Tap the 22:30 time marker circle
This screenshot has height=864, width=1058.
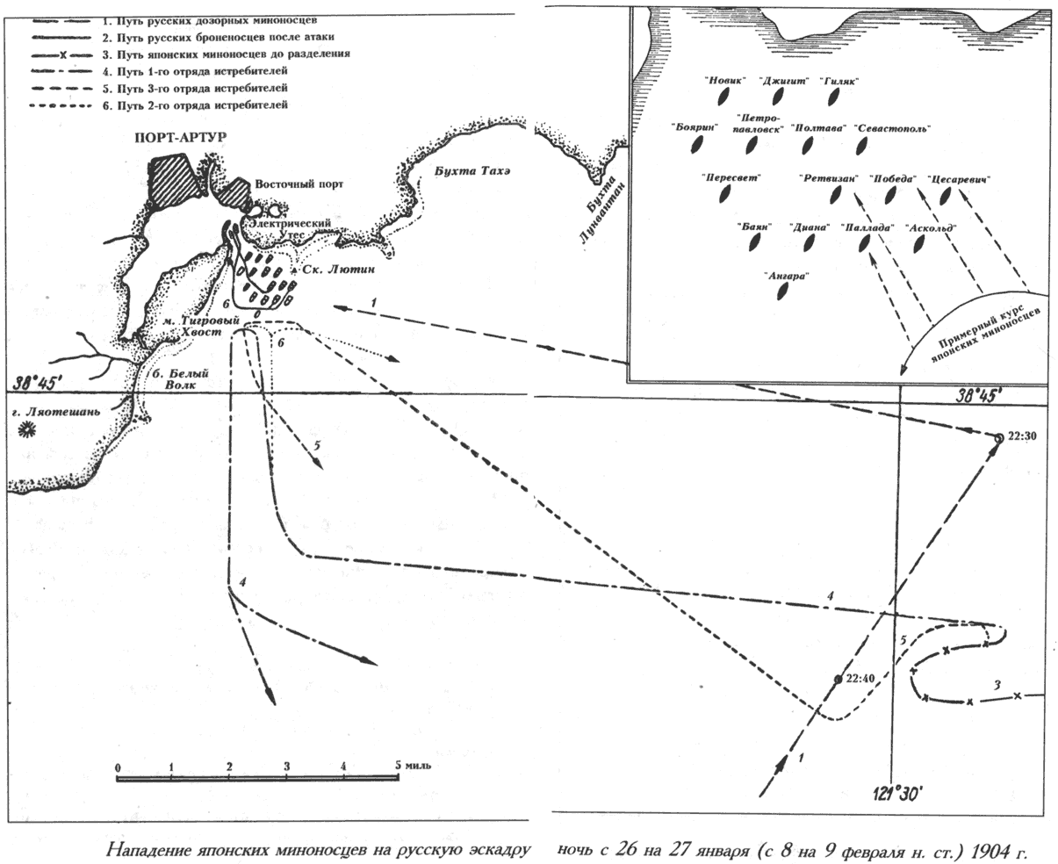pos(998,437)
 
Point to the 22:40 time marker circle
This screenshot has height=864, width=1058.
pos(838,679)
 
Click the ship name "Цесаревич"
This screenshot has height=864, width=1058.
pos(959,180)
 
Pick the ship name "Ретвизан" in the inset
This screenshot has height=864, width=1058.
pos(828,176)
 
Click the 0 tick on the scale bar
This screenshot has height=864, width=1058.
pos(119,767)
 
